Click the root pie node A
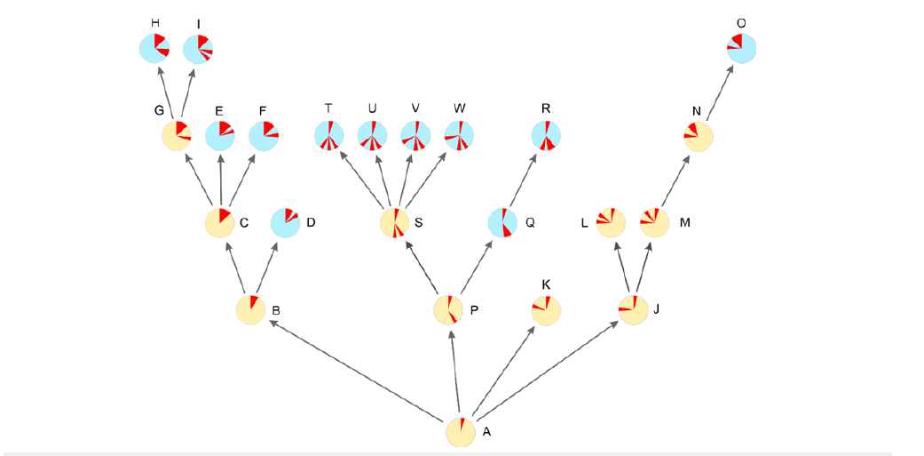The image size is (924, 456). [461, 431]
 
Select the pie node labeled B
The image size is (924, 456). [251, 309]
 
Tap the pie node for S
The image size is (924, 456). [395, 223]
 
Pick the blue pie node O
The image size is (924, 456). [742, 48]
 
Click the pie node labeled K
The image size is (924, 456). [546, 309]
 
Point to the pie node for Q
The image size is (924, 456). [502, 223]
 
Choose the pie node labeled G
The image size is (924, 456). [177, 136]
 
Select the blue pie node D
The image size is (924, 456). [285, 222]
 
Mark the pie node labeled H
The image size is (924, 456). [154, 48]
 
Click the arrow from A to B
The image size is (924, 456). [355, 370]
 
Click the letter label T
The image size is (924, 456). [328, 108]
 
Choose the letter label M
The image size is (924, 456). [684, 222]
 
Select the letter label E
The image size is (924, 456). [218, 110]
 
